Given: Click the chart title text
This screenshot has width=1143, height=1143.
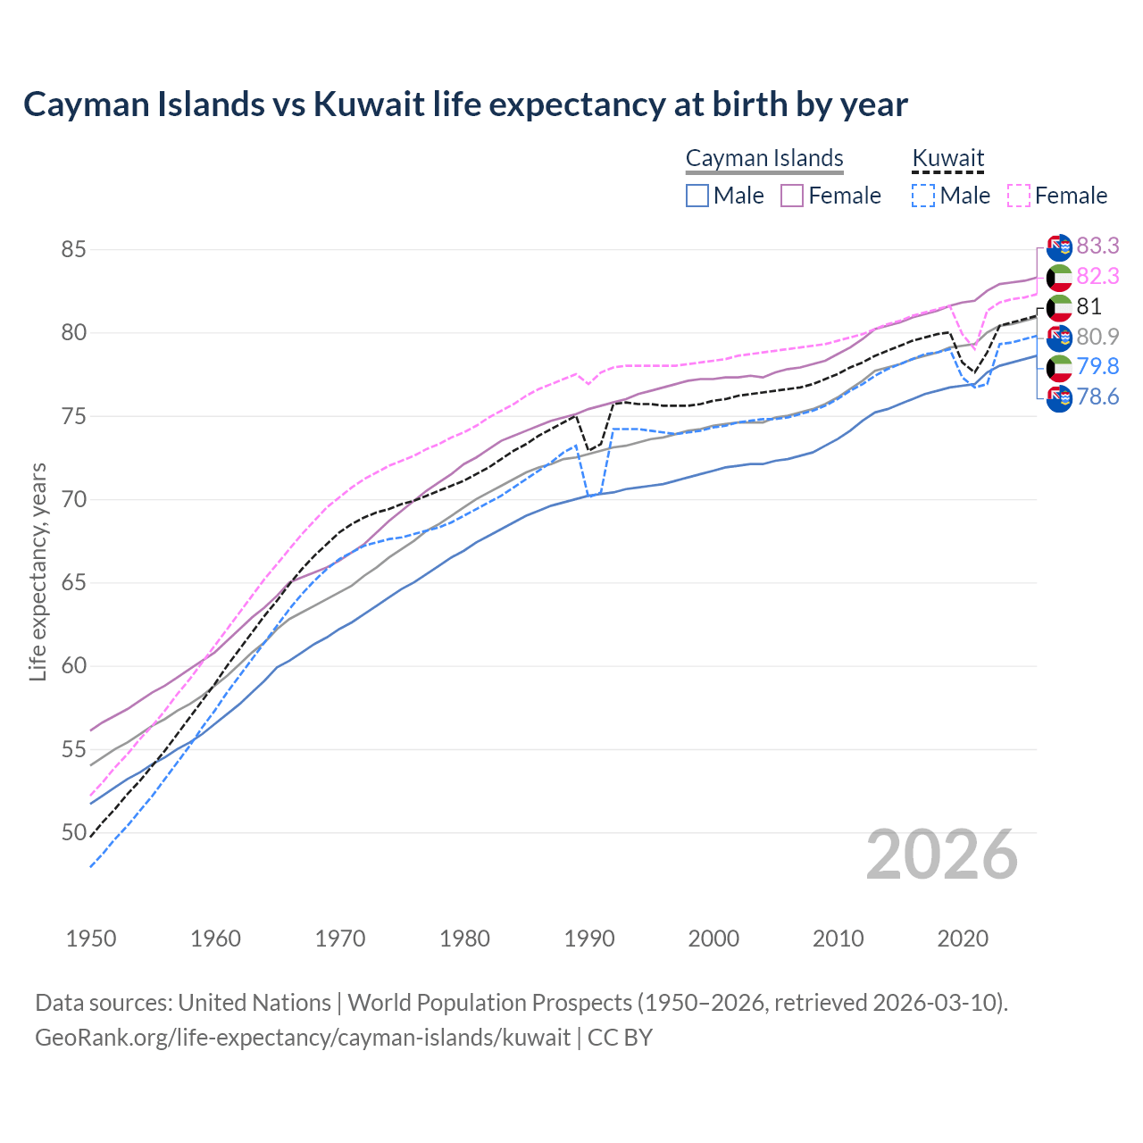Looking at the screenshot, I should coord(465,104).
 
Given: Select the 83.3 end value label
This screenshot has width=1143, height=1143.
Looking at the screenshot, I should coord(1097,246).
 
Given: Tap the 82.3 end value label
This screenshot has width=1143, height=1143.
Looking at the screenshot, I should coord(1097,276).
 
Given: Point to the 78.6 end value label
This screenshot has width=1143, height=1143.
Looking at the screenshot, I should coord(1097,396).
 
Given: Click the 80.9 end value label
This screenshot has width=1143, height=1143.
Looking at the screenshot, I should coord(1097,337).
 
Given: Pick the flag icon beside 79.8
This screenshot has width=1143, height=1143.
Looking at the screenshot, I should coord(1059,367).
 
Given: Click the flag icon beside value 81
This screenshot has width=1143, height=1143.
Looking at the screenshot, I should coord(1059,307).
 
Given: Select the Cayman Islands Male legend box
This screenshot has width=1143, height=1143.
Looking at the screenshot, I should coord(697,196).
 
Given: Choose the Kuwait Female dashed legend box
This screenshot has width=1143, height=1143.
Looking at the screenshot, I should coord(1019,196).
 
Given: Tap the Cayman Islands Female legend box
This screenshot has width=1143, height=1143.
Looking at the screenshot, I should coord(792,196).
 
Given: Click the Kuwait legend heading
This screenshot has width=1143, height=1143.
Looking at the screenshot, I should coord(947,159).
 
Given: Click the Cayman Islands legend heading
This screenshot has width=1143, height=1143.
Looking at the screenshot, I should coord(764,159).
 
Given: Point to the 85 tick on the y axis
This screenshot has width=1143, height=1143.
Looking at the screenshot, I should coord(73,249).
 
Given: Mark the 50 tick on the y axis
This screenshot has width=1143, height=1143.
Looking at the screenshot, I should coord(73,833).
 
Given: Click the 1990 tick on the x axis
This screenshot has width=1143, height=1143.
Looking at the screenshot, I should coord(589,939).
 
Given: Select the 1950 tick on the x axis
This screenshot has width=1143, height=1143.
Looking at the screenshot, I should coord(91,939).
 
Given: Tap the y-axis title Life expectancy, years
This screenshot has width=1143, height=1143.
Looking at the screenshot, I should coord(38,571).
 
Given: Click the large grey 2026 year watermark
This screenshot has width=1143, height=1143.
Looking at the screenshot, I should coord(942,855).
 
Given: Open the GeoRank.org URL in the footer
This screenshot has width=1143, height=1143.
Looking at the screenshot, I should coord(302,1038).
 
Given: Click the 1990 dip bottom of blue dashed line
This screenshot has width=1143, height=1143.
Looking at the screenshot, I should coord(589,496).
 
